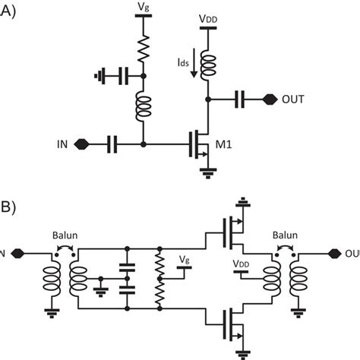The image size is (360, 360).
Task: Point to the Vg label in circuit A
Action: coord(142,8)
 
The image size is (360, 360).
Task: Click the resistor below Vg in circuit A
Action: coord(142,49)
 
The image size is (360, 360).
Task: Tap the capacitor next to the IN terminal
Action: coord(112,143)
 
